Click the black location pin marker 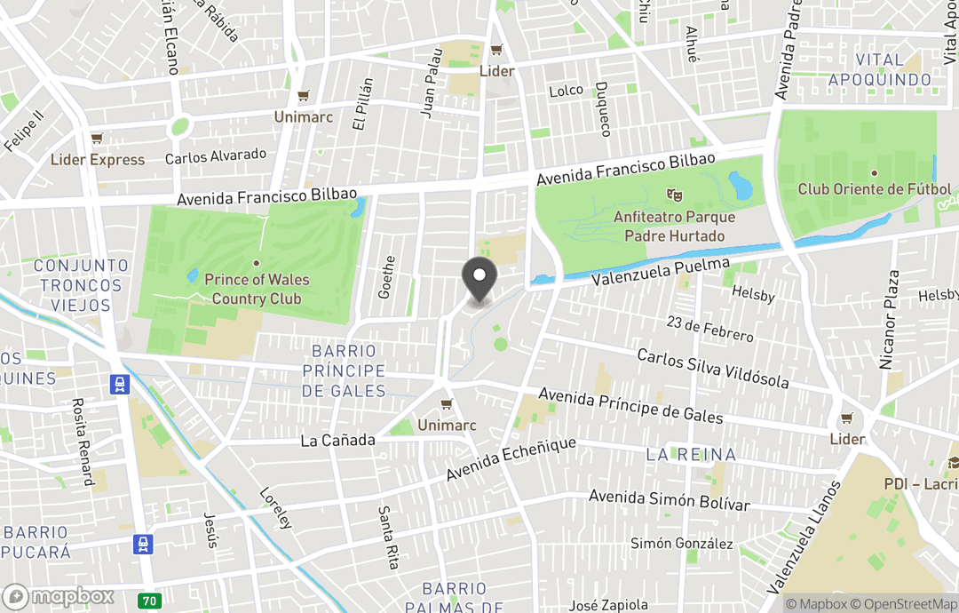[x=479, y=276]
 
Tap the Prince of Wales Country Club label [x=257, y=289]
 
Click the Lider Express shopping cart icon [x=97, y=139]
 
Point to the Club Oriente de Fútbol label [x=874, y=189]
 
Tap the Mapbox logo [x=59, y=596]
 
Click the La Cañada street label [x=337, y=441]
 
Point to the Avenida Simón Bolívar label [x=670, y=499]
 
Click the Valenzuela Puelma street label [x=661, y=272]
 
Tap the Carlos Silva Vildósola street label [x=713, y=368]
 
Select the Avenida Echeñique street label [x=511, y=458]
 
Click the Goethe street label [x=386, y=276]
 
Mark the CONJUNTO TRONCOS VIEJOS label [x=81, y=285]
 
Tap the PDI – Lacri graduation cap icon [x=953, y=463]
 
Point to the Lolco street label [x=566, y=91]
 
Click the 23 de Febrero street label [x=712, y=330]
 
